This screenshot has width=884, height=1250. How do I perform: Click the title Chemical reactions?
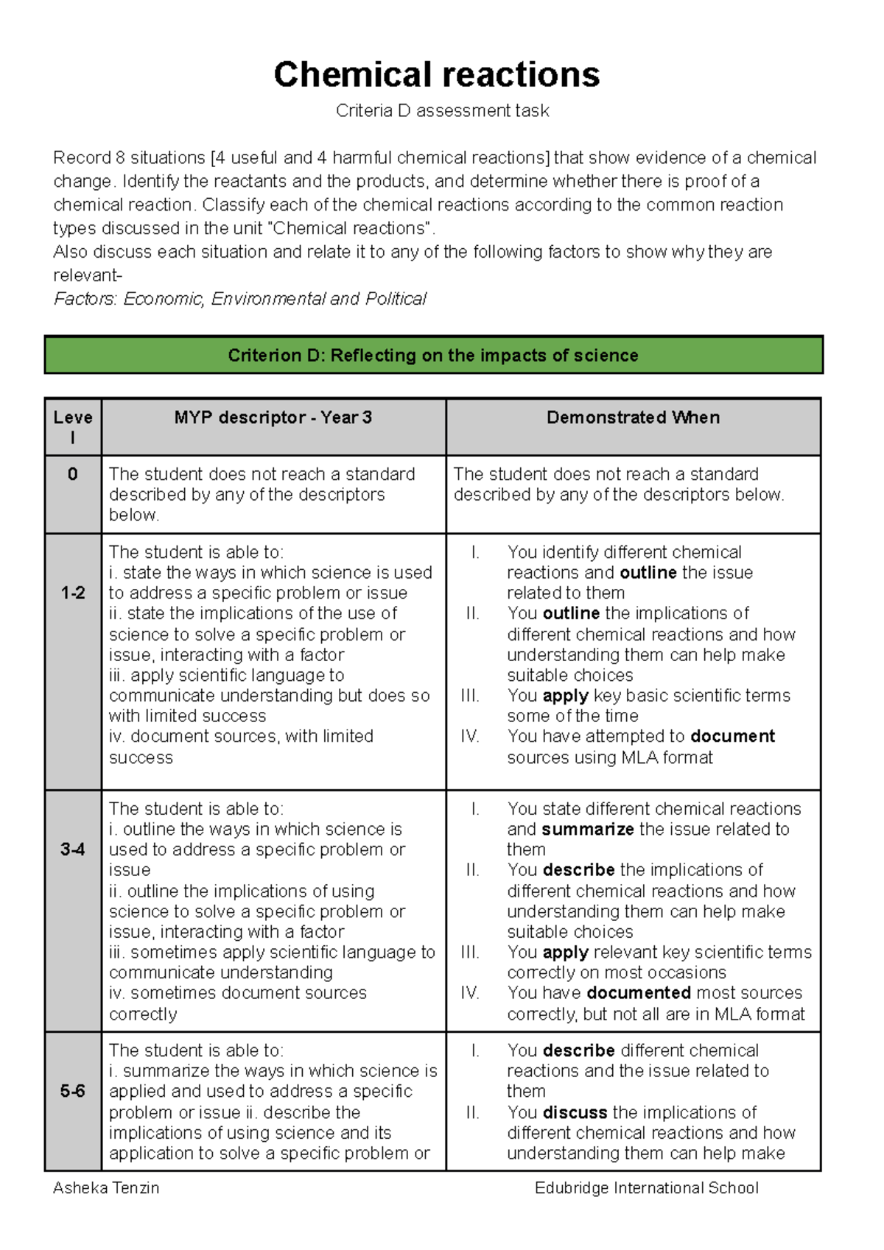point(437,75)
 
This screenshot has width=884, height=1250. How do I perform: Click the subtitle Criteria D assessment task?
point(442,111)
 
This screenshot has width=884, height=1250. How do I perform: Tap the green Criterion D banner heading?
point(433,356)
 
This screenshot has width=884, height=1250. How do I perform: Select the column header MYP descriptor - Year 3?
point(273,417)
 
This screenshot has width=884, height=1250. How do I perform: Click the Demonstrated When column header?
point(633,417)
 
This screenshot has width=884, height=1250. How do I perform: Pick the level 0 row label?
point(72,474)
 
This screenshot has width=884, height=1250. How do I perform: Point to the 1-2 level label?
point(72,593)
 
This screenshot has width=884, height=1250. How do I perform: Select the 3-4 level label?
point(72,850)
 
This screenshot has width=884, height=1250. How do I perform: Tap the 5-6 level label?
point(72,1091)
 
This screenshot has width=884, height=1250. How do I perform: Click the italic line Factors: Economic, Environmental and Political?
point(240,299)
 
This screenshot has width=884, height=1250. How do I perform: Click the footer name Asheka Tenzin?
point(106,1187)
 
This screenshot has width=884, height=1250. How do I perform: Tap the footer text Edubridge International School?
point(646,1187)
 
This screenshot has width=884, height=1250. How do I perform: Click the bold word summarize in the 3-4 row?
point(587,829)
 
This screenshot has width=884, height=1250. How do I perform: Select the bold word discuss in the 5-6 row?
point(575,1112)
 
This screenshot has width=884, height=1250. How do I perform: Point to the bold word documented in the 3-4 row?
point(638,992)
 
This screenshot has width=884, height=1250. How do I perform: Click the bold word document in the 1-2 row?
point(732,736)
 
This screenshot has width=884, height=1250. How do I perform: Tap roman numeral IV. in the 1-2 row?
point(470,736)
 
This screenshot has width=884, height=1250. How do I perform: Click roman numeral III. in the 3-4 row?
point(470,952)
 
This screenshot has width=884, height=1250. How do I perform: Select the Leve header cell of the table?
point(72,427)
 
